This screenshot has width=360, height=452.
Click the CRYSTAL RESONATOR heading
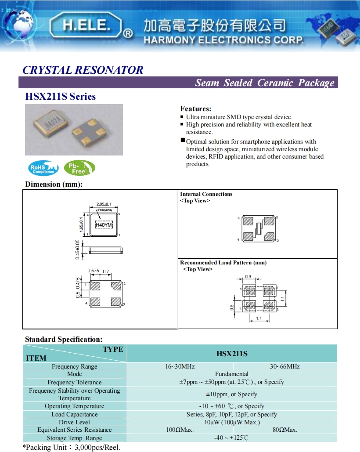point(83,70)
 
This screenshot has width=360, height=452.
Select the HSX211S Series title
point(60,96)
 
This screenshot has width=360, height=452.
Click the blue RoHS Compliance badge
point(43,168)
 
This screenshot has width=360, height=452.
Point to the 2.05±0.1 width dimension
point(104,204)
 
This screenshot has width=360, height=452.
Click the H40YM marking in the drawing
point(104,225)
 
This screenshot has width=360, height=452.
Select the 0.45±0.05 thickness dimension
point(78,250)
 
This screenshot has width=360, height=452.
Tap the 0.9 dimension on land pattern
point(248,277)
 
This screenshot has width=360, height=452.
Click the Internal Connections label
point(206,194)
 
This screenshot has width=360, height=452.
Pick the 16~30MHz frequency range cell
point(180,366)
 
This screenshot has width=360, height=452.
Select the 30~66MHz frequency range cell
point(284,366)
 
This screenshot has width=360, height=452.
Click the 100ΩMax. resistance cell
point(180,430)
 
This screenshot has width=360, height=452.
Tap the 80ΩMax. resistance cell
point(284,430)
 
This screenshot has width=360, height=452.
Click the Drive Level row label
point(74,422)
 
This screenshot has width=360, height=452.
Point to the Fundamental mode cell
point(232,374)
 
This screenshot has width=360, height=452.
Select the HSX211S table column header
point(232,354)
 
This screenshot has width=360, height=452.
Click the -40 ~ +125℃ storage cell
point(232,438)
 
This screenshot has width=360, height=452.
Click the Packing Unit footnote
point(71,447)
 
